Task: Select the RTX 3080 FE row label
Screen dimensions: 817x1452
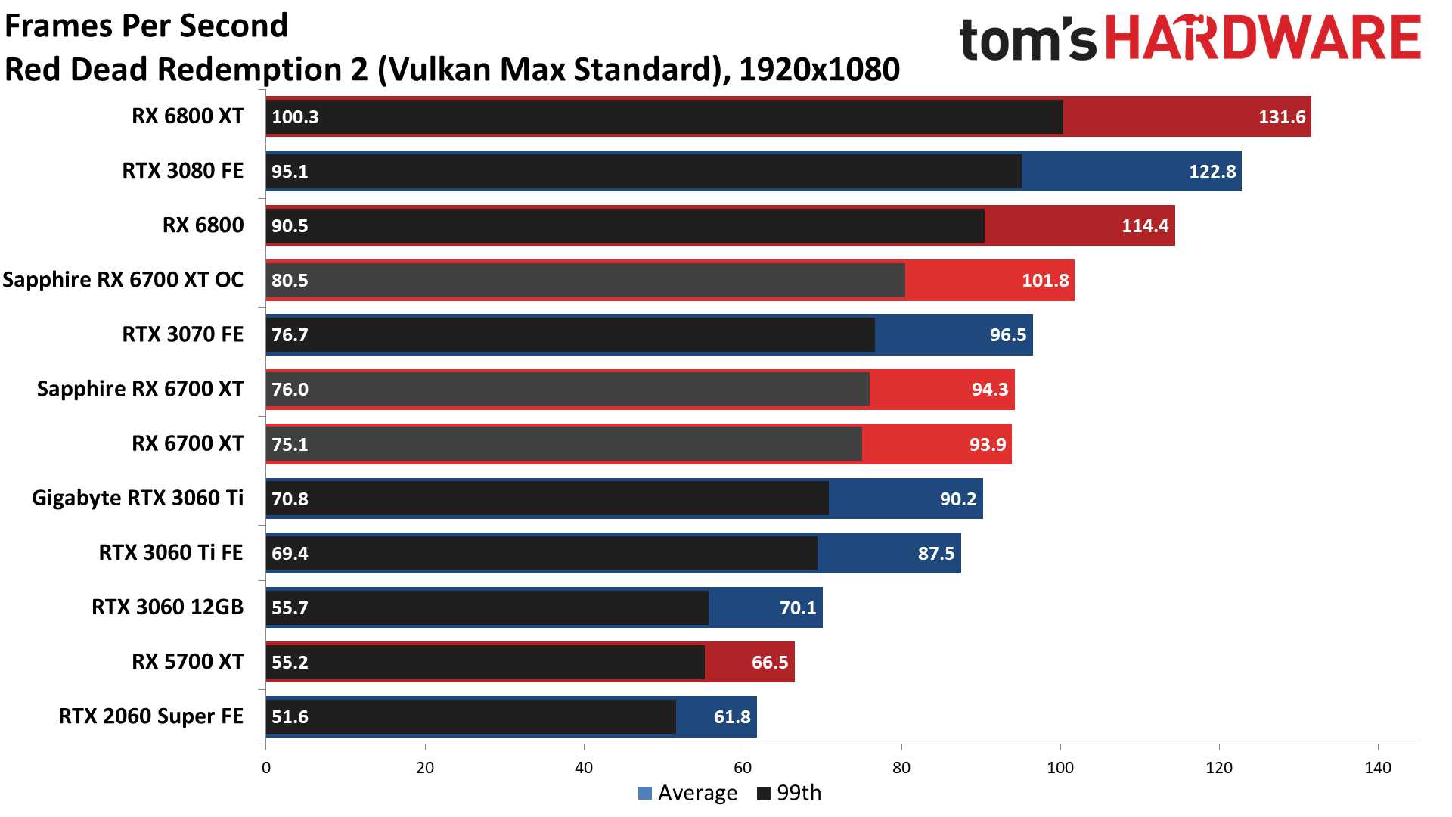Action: click(x=183, y=171)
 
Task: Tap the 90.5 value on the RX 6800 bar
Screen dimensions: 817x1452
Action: click(x=290, y=226)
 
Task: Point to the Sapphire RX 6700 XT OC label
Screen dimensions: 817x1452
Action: click(x=123, y=280)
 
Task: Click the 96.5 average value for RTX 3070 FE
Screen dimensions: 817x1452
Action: click(x=1007, y=335)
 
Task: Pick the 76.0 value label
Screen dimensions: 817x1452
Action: click(x=290, y=390)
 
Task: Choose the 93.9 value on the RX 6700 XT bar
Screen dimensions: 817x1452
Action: click(x=987, y=444)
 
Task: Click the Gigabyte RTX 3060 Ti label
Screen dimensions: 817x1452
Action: click(x=138, y=498)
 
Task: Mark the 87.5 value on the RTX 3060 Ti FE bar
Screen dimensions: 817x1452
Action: click(x=935, y=554)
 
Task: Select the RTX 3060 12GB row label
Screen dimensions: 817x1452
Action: click(x=168, y=607)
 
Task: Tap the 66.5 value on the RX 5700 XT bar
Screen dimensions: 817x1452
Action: click(x=769, y=663)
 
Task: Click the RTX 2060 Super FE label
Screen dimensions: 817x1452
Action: click(x=151, y=716)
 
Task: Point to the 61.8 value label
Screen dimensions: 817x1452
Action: click(x=731, y=717)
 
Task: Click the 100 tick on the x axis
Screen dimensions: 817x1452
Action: click(x=1060, y=768)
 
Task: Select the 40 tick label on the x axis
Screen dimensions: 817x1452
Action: click(x=583, y=768)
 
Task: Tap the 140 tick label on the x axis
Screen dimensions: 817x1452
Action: click(x=1377, y=768)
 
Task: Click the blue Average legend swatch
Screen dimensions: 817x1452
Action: click(x=645, y=794)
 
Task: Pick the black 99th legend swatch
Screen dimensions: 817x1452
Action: click(x=764, y=794)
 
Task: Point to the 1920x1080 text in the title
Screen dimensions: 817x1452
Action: click(x=819, y=70)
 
